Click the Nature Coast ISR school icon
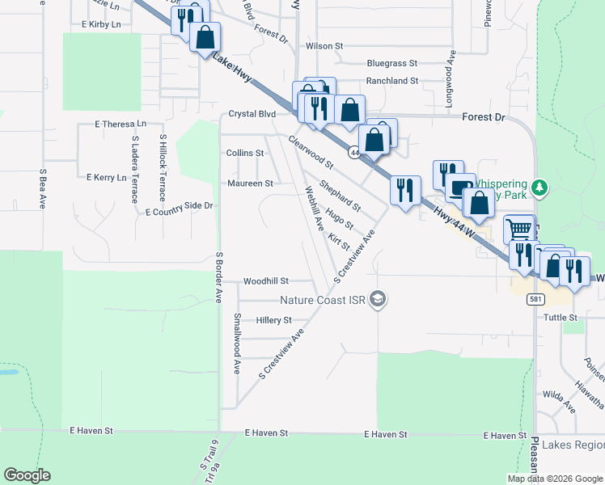[x=377, y=300]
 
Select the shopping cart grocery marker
[x=518, y=229]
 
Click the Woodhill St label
[x=266, y=281]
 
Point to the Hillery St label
[x=273, y=320]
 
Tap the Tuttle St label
[x=561, y=318]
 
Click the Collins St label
[x=245, y=153]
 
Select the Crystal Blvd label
[x=252, y=114]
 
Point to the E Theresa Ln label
[x=121, y=124]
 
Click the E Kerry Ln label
[x=107, y=176]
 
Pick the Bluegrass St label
[x=391, y=63]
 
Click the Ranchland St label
[x=392, y=81]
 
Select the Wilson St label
[x=319, y=46]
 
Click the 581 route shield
[x=535, y=299]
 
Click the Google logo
[x=27, y=475]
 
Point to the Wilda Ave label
[x=559, y=394]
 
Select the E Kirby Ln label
[x=101, y=25]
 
